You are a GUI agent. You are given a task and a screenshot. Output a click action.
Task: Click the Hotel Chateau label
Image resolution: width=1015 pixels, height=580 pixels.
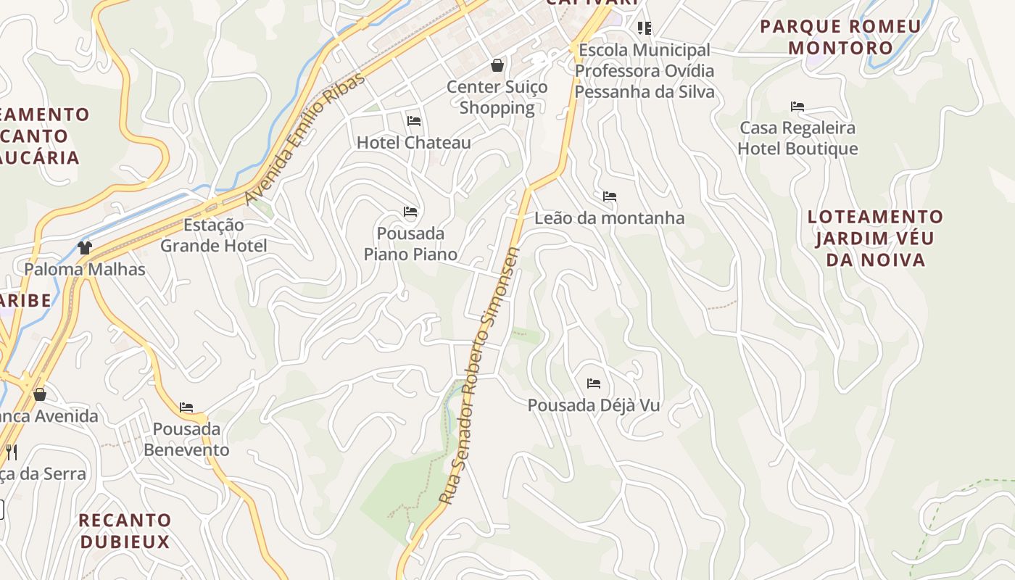coord(413,143)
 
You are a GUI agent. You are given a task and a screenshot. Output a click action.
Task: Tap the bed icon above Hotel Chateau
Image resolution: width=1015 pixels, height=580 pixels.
coord(414,120)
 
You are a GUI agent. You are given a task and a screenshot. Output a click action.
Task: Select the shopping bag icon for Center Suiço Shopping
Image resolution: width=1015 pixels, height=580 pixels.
coord(497,66)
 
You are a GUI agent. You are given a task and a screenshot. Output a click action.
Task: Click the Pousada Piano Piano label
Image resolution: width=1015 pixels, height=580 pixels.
coord(410,244)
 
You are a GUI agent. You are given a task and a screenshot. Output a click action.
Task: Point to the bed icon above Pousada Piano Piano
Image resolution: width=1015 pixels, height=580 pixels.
coord(410,212)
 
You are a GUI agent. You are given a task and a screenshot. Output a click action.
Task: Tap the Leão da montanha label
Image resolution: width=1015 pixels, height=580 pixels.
coord(609,218)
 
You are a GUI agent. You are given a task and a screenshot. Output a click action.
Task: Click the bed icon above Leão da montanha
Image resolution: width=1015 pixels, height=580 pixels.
coord(610,196)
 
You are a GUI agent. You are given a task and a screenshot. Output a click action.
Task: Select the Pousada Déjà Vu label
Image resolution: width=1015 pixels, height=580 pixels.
coord(594,405)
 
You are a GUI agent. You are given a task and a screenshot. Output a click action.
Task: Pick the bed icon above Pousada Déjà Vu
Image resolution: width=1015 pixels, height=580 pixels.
coord(594,384)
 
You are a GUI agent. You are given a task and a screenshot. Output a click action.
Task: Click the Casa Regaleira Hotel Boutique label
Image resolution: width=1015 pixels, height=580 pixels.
coord(797,138)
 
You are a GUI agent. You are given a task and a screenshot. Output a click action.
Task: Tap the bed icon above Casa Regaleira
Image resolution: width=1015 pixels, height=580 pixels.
coord(797,107)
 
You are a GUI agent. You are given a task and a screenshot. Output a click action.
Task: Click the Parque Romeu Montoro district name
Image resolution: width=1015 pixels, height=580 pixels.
coord(841,38)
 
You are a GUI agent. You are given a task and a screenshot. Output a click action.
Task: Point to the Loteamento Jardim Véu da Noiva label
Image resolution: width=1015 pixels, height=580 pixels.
coord(876,238)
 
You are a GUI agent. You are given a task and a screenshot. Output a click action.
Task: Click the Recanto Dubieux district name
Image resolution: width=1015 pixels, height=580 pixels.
coord(125,531)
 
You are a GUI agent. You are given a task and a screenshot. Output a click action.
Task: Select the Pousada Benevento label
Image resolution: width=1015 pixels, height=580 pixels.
coord(186,439)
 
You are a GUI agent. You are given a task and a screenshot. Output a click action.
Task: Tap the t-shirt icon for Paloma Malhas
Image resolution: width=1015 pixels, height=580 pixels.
coord(85,248)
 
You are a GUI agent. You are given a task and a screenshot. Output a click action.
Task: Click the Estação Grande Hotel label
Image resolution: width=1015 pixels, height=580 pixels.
coord(214,236)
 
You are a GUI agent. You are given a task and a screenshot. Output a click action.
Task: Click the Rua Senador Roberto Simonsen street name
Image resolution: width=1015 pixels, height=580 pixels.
coord(481,377)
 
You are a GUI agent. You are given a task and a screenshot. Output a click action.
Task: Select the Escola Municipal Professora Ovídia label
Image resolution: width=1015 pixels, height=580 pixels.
coord(644,71)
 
